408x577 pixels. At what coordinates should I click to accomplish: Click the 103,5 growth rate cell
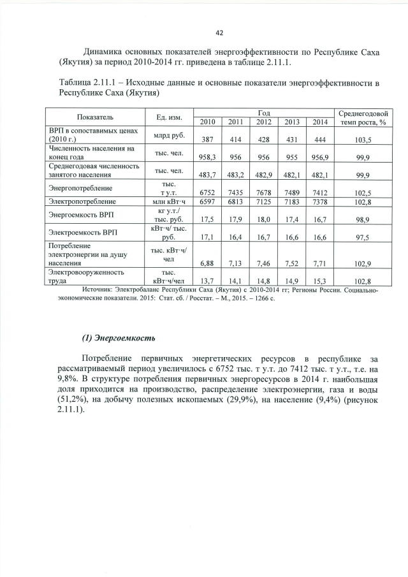click(364, 140)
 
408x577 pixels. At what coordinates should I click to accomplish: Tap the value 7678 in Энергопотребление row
click(263, 192)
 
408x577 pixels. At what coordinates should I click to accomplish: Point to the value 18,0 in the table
click(263, 219)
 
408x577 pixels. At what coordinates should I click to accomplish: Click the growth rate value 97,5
click(364, 237)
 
